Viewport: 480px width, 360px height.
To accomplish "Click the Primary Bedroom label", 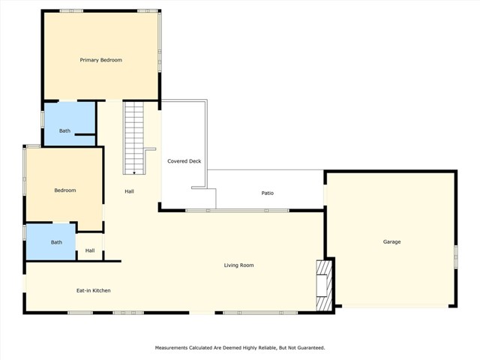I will [100, 60].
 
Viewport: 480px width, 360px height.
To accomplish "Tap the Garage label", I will [391, 241].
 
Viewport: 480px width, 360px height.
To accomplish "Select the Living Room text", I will [238, 265].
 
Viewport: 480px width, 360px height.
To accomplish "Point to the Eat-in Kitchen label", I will [94, 290].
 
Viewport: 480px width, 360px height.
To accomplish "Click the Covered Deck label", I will [184, 161].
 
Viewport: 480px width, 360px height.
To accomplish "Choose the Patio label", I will [267, 193].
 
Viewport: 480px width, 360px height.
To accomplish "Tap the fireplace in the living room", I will [323, 286].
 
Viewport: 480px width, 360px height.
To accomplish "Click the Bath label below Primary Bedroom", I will [65, 131].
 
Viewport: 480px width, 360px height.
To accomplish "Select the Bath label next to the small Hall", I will [56, 242].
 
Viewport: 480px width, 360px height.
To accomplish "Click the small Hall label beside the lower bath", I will [90, 250].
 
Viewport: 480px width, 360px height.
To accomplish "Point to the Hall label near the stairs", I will [130, 192].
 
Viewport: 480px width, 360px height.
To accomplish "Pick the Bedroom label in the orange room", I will [65, 190].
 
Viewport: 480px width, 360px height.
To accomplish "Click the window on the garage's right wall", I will [455, 256].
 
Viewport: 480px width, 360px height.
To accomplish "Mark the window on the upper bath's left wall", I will [42, 120].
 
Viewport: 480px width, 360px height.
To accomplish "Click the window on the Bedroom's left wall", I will [24, 172].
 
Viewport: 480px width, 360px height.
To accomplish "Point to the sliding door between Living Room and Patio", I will [236, 211].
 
